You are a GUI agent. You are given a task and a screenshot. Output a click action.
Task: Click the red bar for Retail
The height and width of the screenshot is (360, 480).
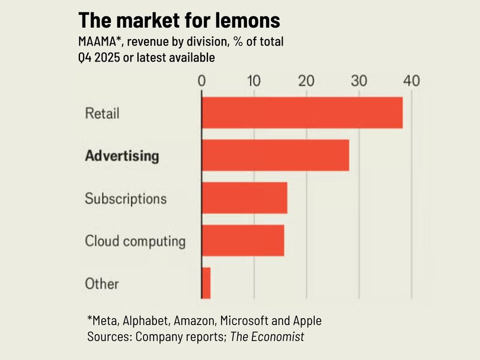[x=302, y=112]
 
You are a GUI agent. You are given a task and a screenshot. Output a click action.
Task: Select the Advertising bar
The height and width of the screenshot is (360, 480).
[x=276, y=155]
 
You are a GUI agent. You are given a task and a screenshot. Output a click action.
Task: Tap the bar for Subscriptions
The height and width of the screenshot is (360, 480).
[x=245, y=198]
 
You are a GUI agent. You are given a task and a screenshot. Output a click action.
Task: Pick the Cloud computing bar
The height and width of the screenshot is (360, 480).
[x=243, y=240]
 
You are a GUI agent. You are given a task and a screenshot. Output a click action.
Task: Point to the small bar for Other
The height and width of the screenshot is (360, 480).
[x=206, y=283]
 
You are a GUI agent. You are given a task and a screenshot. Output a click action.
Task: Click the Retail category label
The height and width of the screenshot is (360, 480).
[x=102, y=112]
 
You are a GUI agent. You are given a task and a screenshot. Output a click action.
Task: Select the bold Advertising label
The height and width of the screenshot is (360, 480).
[x=122, y=156]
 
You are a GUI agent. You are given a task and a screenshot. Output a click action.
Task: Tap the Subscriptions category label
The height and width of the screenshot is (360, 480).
[x=126, y=198]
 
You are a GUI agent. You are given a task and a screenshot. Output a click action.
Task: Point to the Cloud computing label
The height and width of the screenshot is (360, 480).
[x=135, y=241]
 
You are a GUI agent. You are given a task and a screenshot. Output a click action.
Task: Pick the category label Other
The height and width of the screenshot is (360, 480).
[x=102, y=284]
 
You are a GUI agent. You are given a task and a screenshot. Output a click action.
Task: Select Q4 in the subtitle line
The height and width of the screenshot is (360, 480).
[x=86, y=57]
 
